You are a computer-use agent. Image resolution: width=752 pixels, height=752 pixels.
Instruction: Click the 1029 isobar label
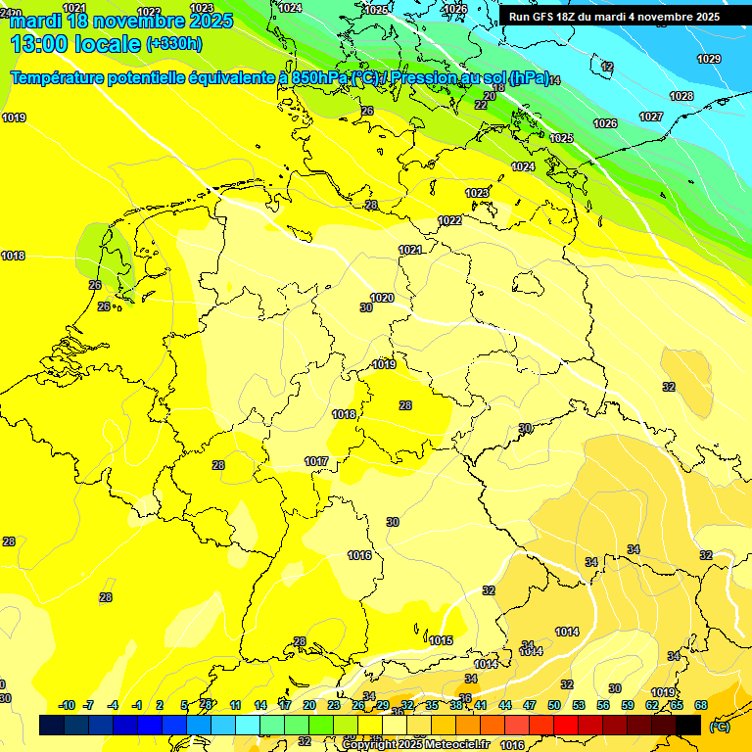pos(709,60)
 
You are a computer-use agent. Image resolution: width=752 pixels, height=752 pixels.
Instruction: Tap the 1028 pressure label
pos(681,96)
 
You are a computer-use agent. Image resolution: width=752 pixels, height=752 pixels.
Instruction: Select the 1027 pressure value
pos(651,117)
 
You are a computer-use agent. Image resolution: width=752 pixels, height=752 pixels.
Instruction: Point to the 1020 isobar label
pos(382,298)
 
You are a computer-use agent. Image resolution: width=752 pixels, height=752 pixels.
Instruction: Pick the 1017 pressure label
pos(316,461)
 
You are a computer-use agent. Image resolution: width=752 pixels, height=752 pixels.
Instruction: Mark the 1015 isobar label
pos(441,640)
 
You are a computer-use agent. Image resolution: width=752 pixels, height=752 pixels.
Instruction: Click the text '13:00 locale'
pos(74,44)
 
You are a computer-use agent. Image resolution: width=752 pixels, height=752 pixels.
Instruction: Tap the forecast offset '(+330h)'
pos(174,44)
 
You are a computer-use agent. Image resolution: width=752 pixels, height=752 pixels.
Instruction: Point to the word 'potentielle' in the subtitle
pos(144,77)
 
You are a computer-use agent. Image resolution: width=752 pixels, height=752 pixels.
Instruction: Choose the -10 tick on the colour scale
pos(68,705)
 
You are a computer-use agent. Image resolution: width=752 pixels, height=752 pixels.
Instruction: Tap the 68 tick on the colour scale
pos(701,705)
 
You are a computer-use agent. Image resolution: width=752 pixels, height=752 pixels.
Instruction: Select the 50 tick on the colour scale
pos(554,705)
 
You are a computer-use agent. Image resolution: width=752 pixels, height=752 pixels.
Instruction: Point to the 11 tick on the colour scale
pos(236,705)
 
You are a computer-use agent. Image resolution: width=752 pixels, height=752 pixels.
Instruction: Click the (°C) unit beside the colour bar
pos(719,726)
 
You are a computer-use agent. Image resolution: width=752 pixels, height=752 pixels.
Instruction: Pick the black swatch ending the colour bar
pos(688,725)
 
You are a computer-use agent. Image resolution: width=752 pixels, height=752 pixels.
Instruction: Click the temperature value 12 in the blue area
pos(607,67)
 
